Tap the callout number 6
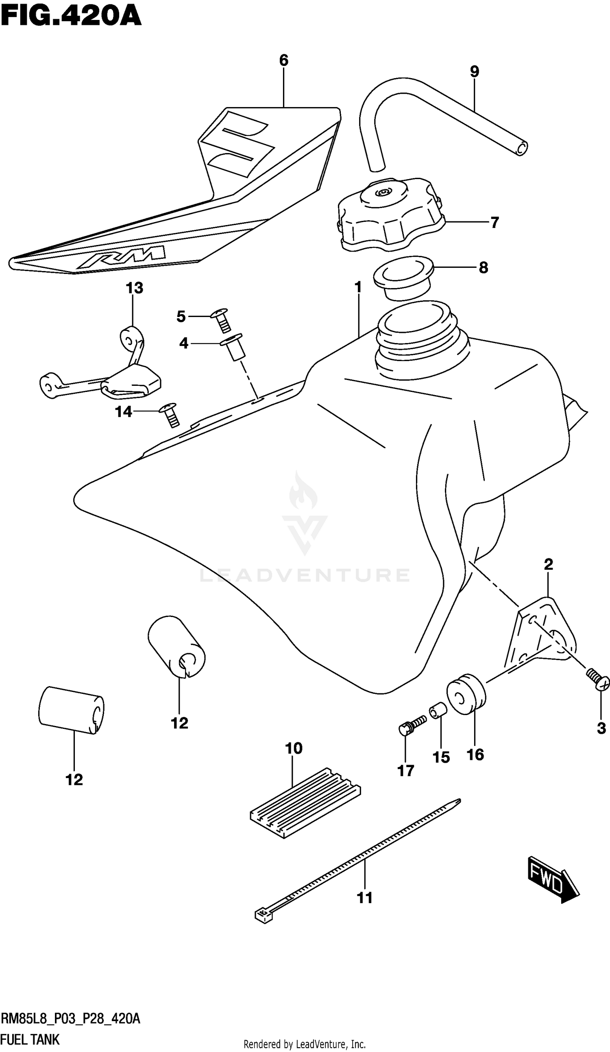pos(284,61)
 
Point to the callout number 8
pos(483,268)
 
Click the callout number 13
pos(134,288)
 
